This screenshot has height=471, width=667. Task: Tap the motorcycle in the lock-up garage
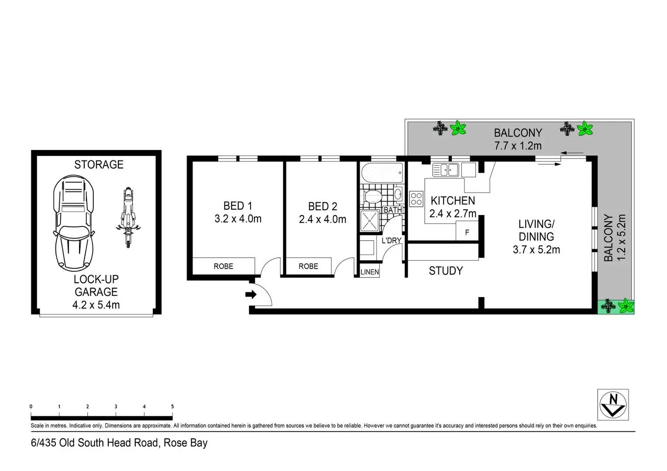tap(127, 217)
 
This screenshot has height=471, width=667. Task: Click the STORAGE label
tap(99, 164)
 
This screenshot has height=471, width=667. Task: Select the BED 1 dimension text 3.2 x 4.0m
tap(238, 219)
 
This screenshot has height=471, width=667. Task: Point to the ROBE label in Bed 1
tap(223, 266)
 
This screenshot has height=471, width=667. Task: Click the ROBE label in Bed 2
tap(308, 266)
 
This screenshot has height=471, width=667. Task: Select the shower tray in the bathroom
tap(369, 220)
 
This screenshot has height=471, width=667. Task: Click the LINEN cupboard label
tap(370, 272)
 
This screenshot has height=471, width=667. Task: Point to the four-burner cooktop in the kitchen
tap(416, 199)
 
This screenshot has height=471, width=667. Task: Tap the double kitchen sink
tap(445, 170)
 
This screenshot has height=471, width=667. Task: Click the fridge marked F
tap(467, 232)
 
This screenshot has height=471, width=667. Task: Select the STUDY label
tap(446, 271)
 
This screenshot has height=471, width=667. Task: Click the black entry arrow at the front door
tap(251, 295)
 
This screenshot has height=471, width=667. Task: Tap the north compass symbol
tap(613, 404)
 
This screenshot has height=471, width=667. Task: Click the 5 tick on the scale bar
tap(172, 407)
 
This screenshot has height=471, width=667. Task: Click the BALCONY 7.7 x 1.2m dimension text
tap(518, 146)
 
